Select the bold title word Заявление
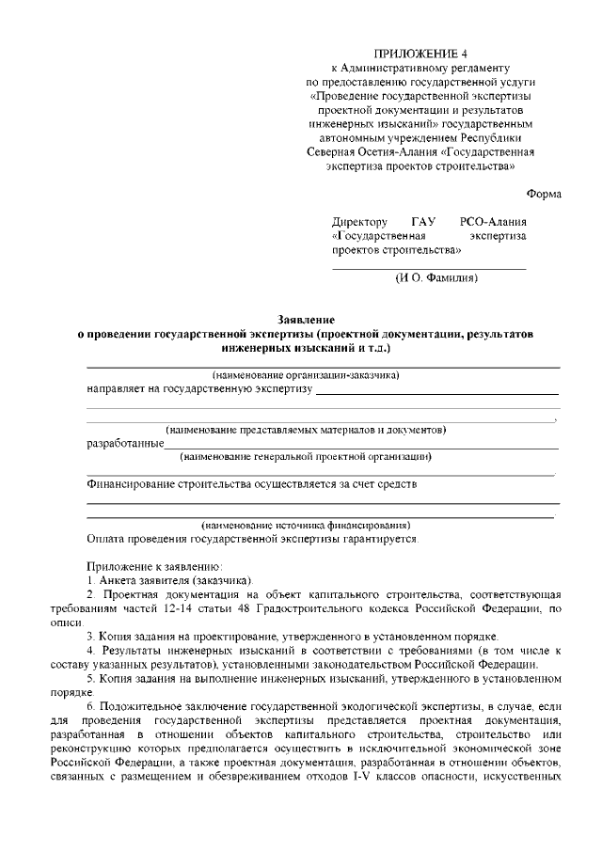306,321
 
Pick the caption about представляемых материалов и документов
306,430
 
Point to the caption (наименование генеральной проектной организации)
306,457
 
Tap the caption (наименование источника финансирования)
306,525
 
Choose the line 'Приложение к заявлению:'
154,567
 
